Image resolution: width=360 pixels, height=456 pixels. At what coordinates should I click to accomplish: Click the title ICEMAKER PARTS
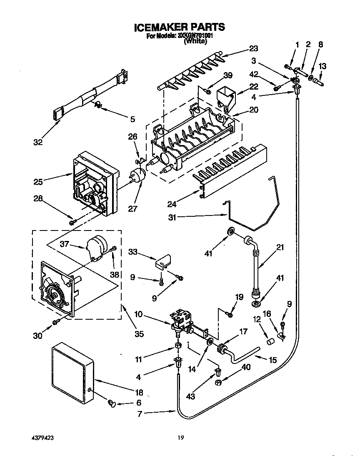(x=179, y=28)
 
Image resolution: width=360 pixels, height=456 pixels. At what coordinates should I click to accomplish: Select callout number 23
(x=254, y=48)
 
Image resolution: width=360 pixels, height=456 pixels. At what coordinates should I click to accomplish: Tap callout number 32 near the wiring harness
(x=38, y=142)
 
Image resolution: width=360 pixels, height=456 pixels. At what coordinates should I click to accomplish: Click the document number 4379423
(x=42, y=438)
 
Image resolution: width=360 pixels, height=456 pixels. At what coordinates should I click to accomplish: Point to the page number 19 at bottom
(x=180, y=438)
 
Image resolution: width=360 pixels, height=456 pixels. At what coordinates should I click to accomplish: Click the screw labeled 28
(x=72, y=223)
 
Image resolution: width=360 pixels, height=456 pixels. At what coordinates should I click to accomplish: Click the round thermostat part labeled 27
(x=138, y=177)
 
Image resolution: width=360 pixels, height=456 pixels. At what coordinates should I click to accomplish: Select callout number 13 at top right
(x=322, y=66)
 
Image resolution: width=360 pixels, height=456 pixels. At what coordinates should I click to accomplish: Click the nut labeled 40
(x=218, y=381)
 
